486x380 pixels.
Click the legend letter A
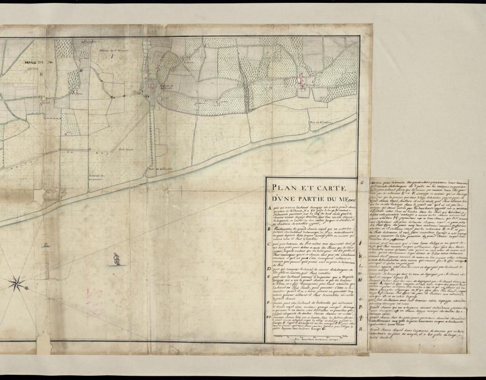(x=270, y=207)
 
